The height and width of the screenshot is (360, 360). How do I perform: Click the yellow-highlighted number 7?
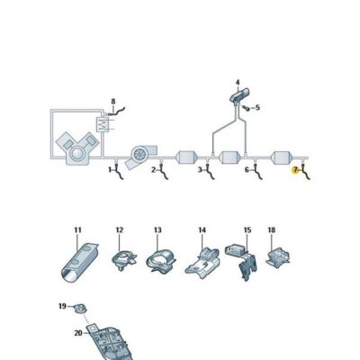(x=295, y=170)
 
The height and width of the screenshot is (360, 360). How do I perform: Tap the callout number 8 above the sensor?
(x=113, y=102)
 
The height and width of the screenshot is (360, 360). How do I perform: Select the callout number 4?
(x=238, y=82)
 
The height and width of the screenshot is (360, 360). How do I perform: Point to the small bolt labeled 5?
(x=246, y=108)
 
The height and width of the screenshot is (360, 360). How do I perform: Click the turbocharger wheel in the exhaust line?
(x=139, y=153)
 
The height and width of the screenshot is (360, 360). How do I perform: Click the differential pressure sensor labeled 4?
(x=239, y=95)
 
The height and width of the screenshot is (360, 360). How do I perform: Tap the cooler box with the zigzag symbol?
(x=102, y=123)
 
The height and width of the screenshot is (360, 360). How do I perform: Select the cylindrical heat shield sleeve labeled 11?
(x=79, y=263)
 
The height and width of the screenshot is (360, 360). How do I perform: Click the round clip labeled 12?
(x=123, y=260)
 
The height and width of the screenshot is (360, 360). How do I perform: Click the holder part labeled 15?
(x=243, y=260)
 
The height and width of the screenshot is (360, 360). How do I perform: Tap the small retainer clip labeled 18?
(x=278, y=256)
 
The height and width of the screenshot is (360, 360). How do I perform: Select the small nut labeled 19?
(x=80, y=309)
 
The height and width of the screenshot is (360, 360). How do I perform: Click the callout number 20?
(x=78, y=333)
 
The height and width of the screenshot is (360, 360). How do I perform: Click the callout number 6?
(x=247, y=170)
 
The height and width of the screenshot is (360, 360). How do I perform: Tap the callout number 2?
(x=154, y=170)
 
